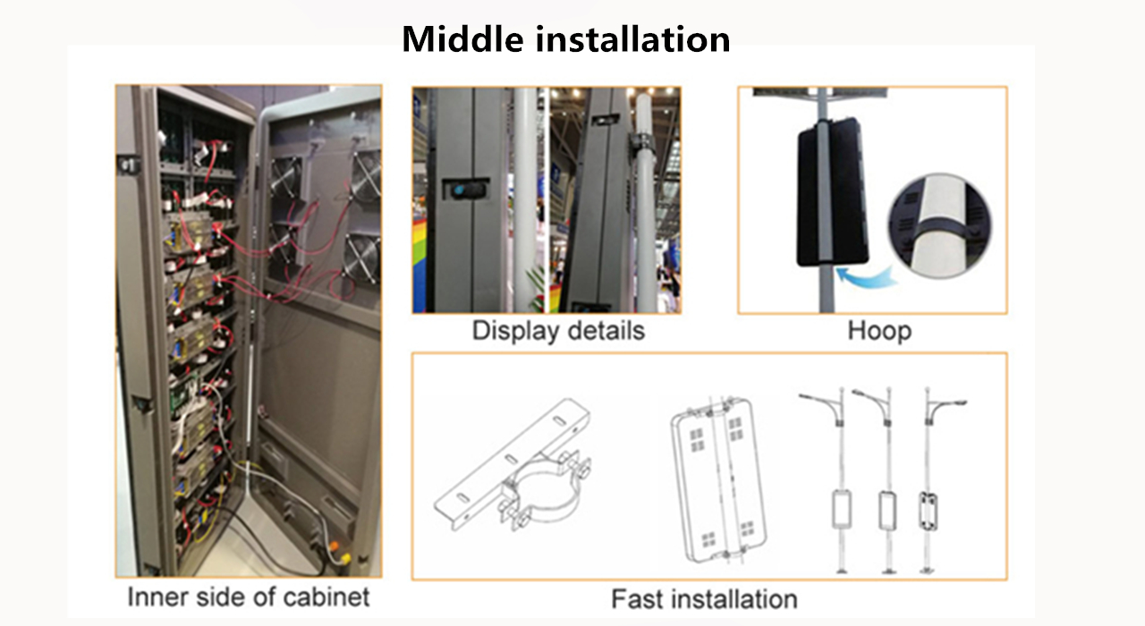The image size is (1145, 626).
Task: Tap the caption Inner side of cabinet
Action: click(x=248, y=596)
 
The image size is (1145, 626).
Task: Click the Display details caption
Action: click(x=558, y=331)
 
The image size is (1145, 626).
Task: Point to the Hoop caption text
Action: click(x=879, y=331)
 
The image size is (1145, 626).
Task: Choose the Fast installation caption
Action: click(x=704, y=598)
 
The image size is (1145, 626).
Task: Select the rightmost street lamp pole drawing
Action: click(x=929, y=483)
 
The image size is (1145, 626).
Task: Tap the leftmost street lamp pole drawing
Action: click(x=841, y=483)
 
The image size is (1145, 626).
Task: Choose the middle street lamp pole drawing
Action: click(x=886, y=483)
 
